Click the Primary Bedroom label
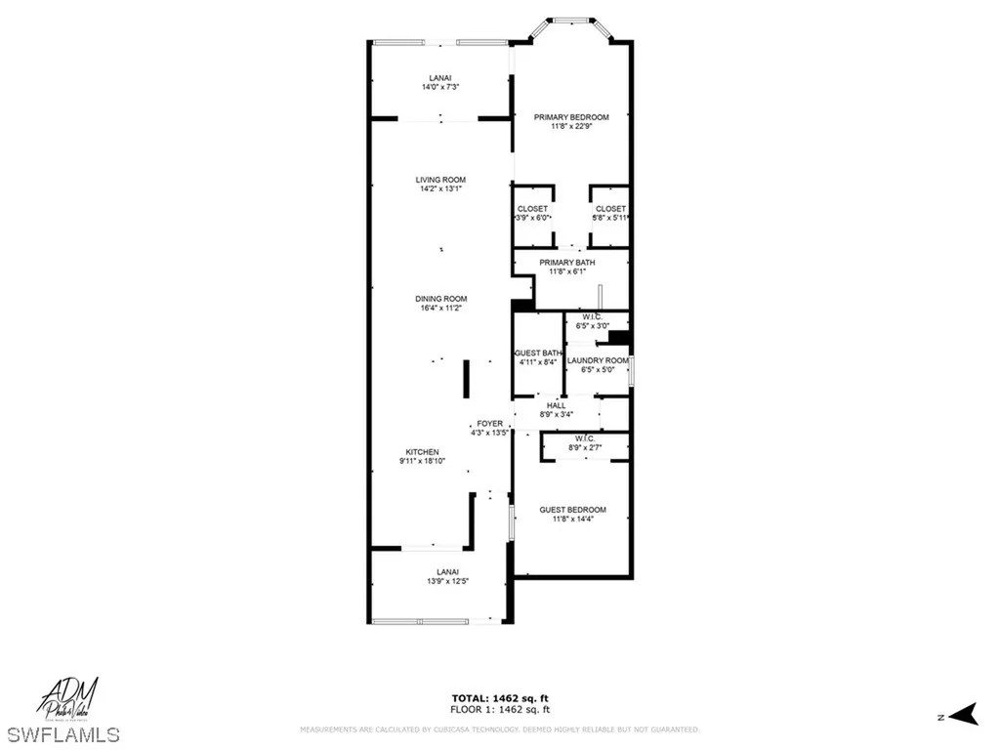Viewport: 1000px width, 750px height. pos(571,117)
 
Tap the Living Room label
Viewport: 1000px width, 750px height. pos(440,180)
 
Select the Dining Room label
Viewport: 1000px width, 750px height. pos(440,299)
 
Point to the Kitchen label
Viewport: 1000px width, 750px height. pos(422,451)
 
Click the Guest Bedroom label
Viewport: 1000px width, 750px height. pos(572,510)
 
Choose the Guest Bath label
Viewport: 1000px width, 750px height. pos(538,353)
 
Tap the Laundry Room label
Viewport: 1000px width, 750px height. pos(598,360)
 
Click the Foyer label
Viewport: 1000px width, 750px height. pos(489,423)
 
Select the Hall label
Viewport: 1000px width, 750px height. pos(556,405)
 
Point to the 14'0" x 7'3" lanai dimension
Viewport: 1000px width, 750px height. pos(440,87)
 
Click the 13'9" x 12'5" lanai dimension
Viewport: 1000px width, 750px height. pos(441,581)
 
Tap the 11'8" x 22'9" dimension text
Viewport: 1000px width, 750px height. pos(571,126)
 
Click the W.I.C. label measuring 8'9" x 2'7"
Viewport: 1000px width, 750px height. pos(585,438)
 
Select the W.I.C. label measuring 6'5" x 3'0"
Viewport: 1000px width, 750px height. pos(595,316)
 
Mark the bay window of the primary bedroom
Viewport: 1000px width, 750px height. pos(571,21)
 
